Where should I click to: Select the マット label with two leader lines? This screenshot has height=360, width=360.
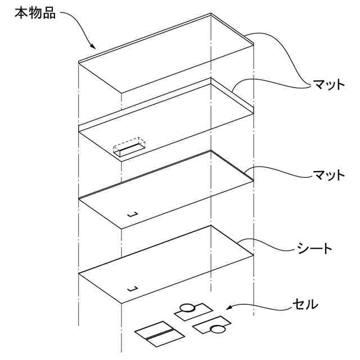click(328, 85)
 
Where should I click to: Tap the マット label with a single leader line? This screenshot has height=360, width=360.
click(328, 175)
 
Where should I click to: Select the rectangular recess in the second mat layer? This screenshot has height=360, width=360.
click(128, 148)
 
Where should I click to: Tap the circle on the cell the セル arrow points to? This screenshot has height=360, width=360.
click(186, 308)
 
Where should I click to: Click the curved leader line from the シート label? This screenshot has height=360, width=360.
click(270, 245)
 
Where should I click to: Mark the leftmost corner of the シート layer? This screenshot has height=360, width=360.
click(78, 274)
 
